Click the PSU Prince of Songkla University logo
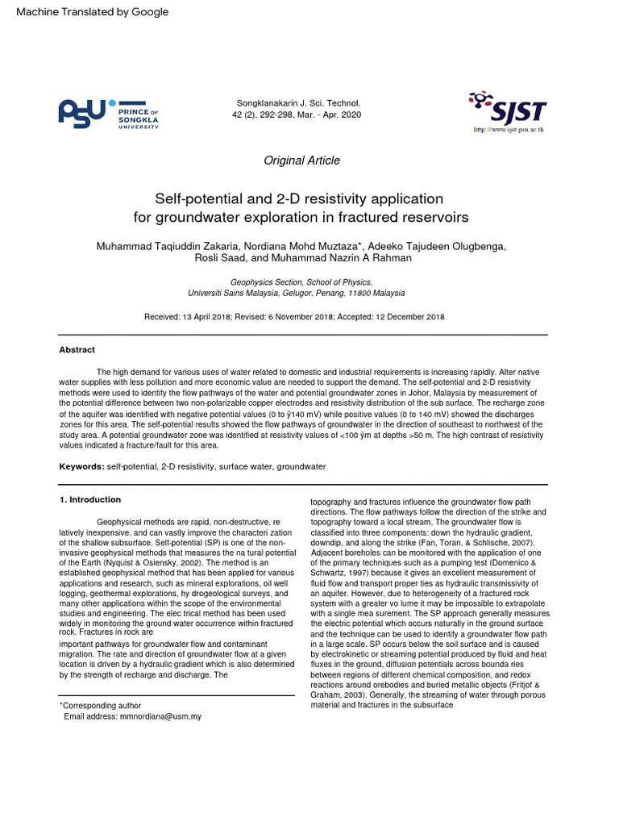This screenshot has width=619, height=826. tap(108, 114)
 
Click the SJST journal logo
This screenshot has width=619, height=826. tap(508, 109)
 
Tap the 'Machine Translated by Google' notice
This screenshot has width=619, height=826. tap(93, 11)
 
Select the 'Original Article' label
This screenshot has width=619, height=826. tap(301, 161)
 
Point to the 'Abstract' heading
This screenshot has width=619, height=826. tap(77, 350)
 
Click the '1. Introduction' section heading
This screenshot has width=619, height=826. tap(90, 499)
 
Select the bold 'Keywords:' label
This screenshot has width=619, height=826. tap(81, 467)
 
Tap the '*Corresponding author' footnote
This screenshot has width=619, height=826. tap(101, 705)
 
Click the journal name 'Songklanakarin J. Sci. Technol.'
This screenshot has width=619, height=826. tap(298, 103)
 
